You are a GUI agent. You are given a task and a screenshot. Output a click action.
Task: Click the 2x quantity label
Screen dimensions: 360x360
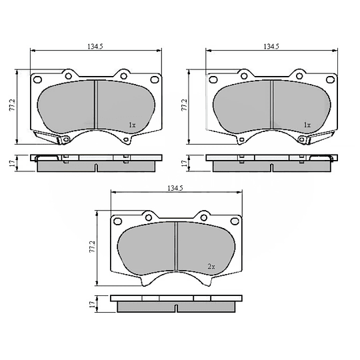[211, 266]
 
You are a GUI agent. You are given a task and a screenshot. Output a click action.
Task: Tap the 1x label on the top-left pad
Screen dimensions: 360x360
[132, 125]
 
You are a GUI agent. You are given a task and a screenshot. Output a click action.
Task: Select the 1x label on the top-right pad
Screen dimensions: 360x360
[307, 125]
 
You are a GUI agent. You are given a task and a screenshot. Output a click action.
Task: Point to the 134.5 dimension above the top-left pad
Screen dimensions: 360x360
[96, 46]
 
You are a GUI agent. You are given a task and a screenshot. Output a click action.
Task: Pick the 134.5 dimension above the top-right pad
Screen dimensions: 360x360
[271, 46]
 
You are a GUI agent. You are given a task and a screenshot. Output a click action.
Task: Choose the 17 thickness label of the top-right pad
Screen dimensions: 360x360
[185, 163]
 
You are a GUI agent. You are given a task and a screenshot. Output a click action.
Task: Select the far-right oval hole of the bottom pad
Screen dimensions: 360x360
[234, 221]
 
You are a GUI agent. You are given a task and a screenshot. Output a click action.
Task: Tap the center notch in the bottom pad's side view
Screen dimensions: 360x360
[175, 308]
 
